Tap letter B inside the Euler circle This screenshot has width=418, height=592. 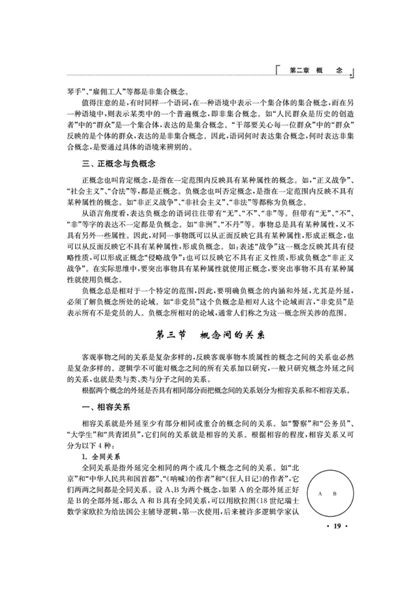coord(334,493)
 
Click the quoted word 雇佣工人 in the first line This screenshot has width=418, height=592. coord(110,90)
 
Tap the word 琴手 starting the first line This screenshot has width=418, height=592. coord(72,90)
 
